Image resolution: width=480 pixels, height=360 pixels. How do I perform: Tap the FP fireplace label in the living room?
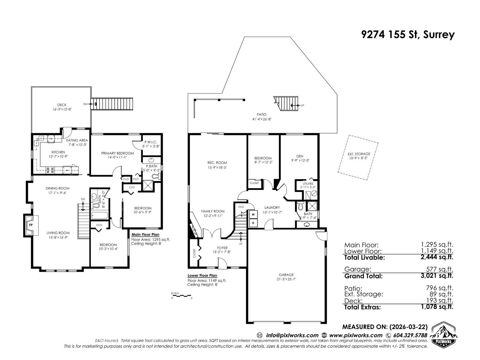(x=31, y=224)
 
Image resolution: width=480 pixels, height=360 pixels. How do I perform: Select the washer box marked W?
(x=253, y=214)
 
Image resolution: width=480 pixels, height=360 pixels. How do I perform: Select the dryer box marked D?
(x=253, y=223)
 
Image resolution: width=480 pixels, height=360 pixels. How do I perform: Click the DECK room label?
(x=62, y=105)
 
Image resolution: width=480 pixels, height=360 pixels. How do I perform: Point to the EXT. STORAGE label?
(x=357, y=154)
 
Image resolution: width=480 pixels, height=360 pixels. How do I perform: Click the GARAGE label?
(x=286, y=274)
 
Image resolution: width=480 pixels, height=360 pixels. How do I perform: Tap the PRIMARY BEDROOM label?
(x=117, y=153)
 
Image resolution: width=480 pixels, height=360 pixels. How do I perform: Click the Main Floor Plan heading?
(x=145, y=235)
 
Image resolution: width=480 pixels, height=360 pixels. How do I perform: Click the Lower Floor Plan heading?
(x=202, y=275)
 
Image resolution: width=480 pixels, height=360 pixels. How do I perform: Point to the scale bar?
(x=181, y=296)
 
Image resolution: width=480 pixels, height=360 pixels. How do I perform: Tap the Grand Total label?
(x=363, y=276)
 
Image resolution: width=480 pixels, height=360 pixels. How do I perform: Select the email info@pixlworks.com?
(x=292, y=335)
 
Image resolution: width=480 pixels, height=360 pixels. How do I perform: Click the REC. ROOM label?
(x=217, y=163)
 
